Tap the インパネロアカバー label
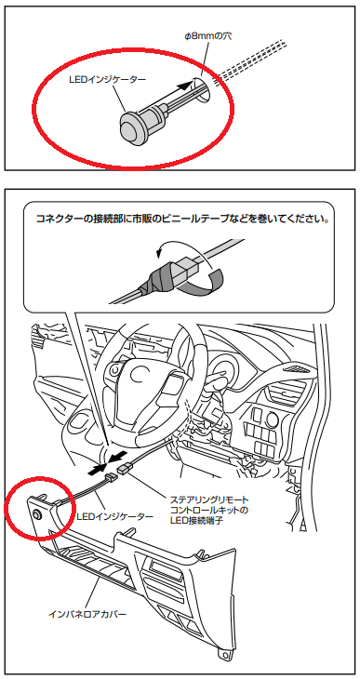pyautogui.click(x=88, y=615)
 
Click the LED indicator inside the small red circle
pyautogui.click(x=35, y=514)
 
